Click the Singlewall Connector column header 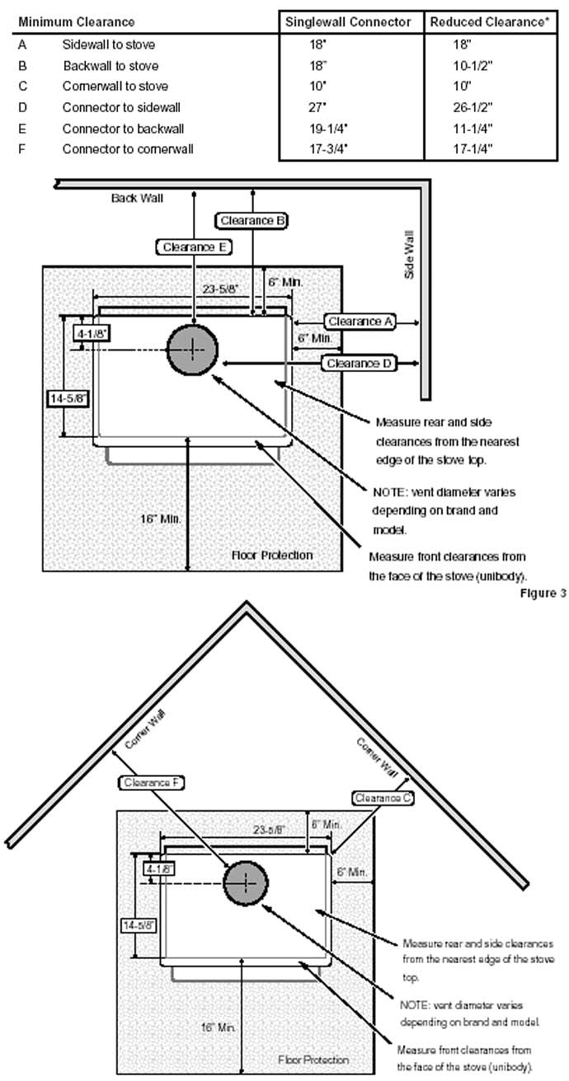347,22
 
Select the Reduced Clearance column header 489,22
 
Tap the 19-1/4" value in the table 328,129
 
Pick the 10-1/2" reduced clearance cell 473,66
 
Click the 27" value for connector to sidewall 317,107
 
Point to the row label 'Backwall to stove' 111,66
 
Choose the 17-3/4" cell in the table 328,149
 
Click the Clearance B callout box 251,220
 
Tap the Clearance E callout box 194,247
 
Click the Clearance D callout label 359,364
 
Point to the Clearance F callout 152,783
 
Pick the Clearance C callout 383,798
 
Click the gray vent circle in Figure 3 192,350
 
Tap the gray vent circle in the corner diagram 245,882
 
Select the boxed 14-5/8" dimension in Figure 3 68,398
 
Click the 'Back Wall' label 137,199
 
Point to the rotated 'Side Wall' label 409,254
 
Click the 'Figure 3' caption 543,593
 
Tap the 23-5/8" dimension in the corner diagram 269,830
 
